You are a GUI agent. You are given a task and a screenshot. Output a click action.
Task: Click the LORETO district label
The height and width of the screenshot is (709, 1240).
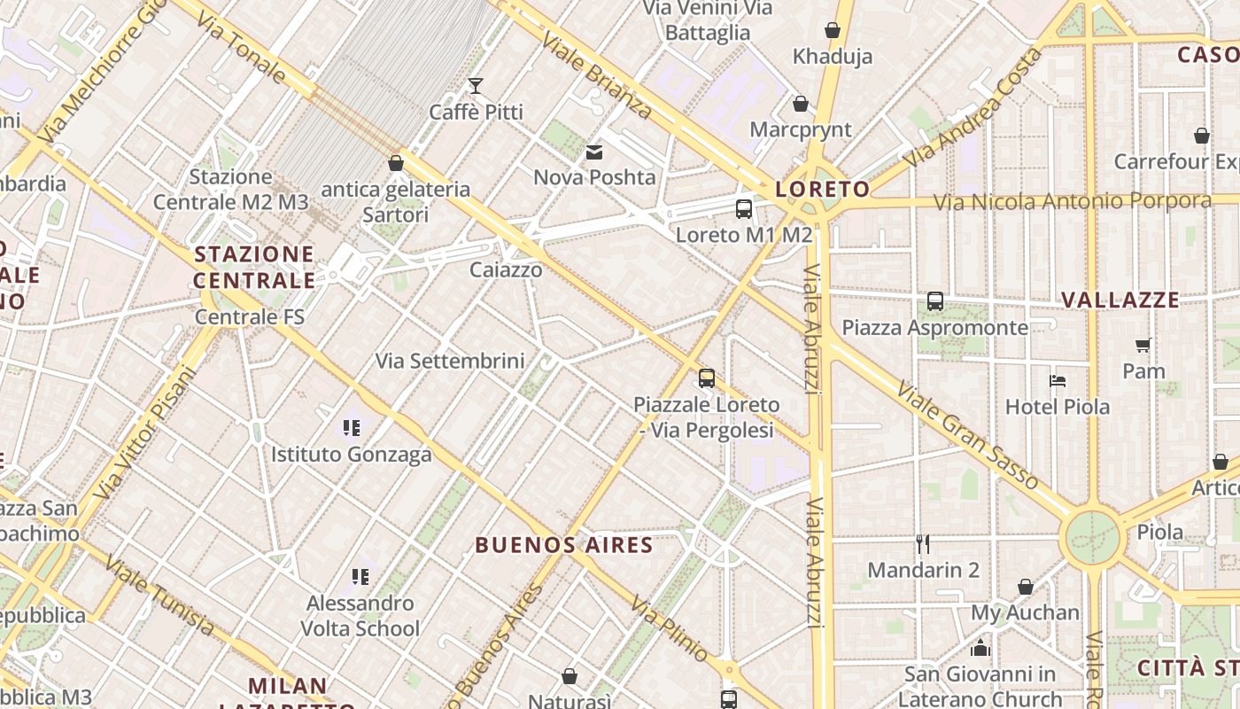click(x=822, y=189)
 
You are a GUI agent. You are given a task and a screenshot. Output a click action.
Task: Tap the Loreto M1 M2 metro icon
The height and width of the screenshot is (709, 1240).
click(x=744, y=209)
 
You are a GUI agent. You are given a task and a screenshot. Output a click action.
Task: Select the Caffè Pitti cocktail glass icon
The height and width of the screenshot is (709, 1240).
click(x=476, y=86)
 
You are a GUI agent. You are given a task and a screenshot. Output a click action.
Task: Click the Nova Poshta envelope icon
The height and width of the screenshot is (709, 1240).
click(x=594, y=152)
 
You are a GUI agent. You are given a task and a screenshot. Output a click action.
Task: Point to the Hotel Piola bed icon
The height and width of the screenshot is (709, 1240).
click(x=1057, y=381)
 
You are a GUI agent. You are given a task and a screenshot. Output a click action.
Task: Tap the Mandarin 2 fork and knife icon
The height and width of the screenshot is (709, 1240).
click(x=923, y=543)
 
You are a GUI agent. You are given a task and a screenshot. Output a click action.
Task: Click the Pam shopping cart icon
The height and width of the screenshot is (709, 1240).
click(x=1143, y=345)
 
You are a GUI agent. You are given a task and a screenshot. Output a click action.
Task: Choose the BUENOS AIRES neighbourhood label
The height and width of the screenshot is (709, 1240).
click(x=564, y=545)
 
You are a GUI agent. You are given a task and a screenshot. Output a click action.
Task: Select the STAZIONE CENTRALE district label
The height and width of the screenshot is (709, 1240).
click(x=254, y=268)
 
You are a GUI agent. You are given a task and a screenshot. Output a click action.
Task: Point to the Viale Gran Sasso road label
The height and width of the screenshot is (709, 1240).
click(x=967, y=435)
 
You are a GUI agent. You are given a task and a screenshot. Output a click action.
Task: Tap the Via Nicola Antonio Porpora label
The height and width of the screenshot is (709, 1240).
click(x=1073, y=202)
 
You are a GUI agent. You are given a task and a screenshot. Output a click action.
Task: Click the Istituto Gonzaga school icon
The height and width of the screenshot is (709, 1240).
click(x=352, y=428)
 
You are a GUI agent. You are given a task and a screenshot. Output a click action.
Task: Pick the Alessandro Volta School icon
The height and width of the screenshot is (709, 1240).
click(x=360, y=577)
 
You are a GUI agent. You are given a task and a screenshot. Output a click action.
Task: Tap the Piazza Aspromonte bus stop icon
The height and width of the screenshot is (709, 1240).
click(x=935, y=301)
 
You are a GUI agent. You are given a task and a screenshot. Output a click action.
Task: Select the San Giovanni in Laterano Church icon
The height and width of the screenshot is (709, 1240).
click(x=980, y=648)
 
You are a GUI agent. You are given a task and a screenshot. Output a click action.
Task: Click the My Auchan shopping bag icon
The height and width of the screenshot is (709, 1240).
click(x=1025, y=587)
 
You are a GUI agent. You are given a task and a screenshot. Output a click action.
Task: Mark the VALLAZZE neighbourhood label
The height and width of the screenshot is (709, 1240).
click(x=1120, y=300)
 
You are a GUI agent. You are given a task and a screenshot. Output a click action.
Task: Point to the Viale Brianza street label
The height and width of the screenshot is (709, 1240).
click(x=596, y=76)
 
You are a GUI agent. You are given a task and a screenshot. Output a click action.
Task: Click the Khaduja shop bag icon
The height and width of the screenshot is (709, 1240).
click(x=833, y=31)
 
